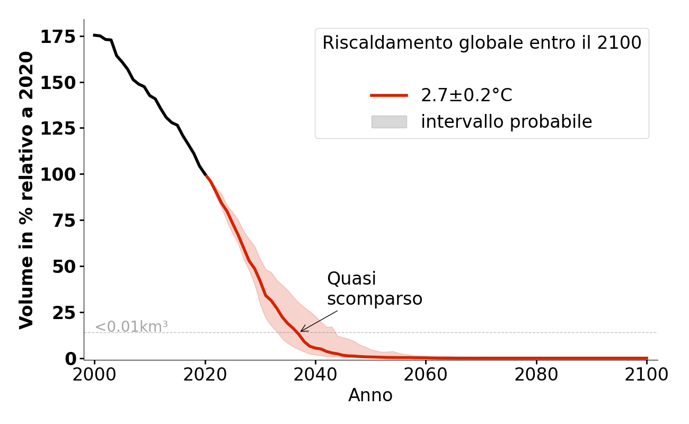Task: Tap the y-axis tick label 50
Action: tap(64, 267)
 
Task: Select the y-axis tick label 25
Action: tap(64, 313)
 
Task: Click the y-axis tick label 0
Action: tap(70, 359)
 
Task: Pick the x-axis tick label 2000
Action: tap(94, 375)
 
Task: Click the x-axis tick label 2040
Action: tap(315, 375)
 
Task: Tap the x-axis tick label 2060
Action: tap(426, 375)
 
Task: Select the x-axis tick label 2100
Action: tap(647, 375)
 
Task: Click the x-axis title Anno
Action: tap(370, 395)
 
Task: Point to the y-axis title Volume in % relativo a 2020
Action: tap(26, 190)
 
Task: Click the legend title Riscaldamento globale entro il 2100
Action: tap(482, 43)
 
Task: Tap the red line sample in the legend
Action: tap(389, 95)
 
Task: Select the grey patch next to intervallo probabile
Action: tap(389, 122)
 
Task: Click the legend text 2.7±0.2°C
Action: tap(466, 95)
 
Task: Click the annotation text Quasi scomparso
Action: tap(374, 289)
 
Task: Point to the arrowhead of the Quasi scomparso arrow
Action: tap(301, 331)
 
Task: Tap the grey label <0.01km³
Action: tap(131, 327)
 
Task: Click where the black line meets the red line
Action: tap(205, 175)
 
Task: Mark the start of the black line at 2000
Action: tap(94, 35)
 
